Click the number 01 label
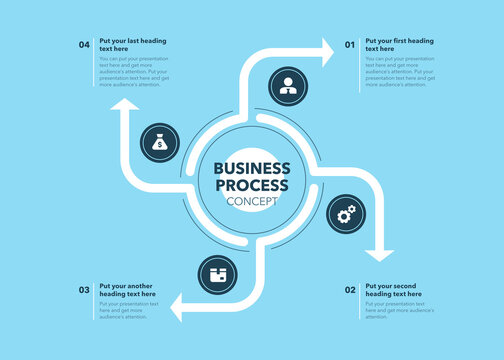(350, 45)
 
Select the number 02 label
(350, 290)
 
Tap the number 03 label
(84, 290)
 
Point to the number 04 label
(84, 45)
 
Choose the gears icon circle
(346, 213)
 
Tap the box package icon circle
(217, 273)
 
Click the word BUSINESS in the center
(252, 168)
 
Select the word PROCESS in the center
(252, 185)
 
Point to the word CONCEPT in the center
(252, 202)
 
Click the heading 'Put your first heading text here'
(399, 44)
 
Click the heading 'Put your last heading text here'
(133, 44)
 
